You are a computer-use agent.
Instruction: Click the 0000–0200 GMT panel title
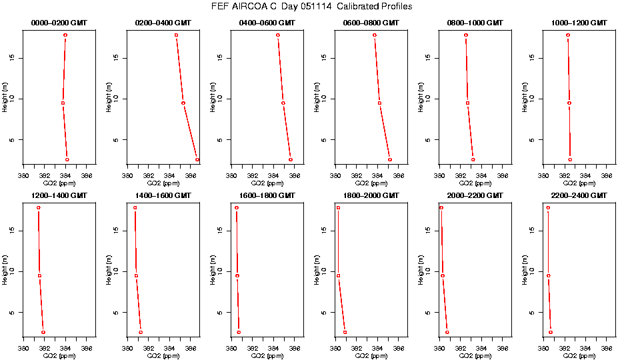(x=59, y=23)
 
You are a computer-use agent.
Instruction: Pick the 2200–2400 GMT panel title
(x=579, y=195)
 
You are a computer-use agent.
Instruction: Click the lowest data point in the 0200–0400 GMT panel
(x=197, y=160)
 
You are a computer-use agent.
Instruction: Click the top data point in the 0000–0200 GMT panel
(x=65, y=35)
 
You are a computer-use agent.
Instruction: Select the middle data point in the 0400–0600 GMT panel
(x=283, y=103)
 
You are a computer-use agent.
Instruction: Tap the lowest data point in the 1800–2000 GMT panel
(x=345, y=332)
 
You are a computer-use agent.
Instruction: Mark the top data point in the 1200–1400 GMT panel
(x=39, y=208)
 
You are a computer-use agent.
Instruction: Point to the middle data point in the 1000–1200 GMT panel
(x=569, y=103)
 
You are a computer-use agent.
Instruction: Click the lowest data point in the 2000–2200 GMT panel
(x=447, y=332)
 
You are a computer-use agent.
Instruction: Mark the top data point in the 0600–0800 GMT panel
(x=375, y=35)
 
